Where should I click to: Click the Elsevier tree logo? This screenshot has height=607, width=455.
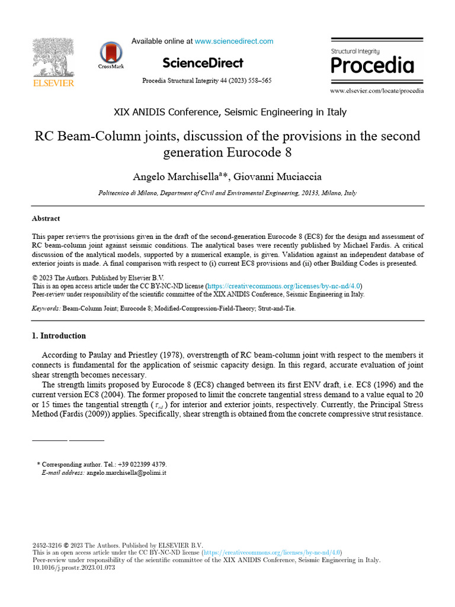53,57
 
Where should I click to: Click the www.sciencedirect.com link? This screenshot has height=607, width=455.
234,41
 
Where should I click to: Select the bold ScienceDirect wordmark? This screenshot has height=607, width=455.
202,63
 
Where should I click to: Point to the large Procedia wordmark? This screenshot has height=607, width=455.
372,65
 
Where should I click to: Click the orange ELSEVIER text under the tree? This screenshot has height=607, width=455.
53,84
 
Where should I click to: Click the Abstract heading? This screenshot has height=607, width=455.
46,219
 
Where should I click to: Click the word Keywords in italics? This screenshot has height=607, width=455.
46,309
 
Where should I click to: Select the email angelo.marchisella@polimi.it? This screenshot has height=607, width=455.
126,473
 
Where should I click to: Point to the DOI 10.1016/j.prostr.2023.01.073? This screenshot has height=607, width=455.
73,568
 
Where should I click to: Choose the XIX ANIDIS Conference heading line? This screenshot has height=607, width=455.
230,112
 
